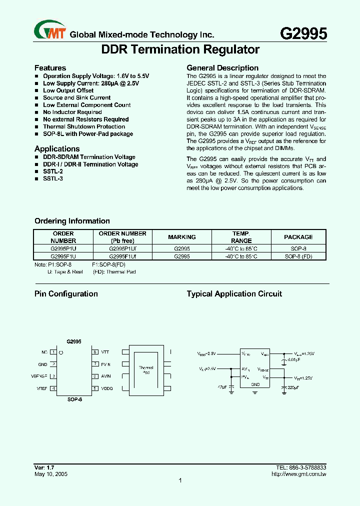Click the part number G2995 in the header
click(303, 33)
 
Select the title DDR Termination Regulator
click(180, 49)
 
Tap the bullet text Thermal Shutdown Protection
click(83, 127)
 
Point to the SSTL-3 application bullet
click(53, 178)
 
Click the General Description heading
click(222, 68)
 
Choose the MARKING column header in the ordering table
click(182, 237)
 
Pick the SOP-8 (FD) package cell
click(298, 256)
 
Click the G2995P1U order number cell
click(63, 248)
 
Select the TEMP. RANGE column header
click(241, 237)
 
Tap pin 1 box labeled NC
click(53, 352)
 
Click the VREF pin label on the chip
click(42, 388)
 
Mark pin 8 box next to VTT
click(94, 352)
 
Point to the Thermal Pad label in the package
click(146, 370)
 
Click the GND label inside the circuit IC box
click(255, 384)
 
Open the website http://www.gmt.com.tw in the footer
click(298, 473)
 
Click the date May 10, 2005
click(50, 473)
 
